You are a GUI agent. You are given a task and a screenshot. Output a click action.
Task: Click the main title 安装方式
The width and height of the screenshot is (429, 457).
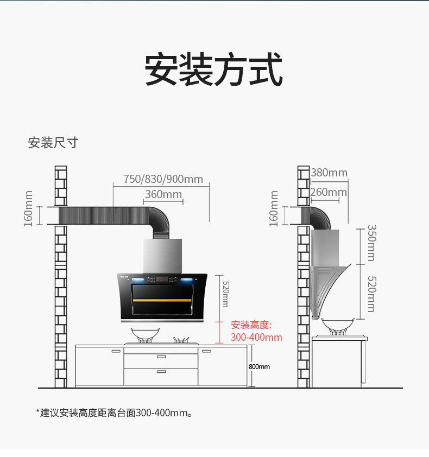click(214, 70)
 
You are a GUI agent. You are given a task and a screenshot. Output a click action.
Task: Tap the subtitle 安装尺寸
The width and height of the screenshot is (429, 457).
click(53, 143)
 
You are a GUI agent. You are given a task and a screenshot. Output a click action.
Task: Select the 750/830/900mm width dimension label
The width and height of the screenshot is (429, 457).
click(163, 179)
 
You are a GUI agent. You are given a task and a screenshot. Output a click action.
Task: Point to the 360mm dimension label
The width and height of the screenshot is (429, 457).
click(163, 194)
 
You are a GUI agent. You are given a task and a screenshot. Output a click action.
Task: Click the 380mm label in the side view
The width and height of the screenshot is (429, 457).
click(329, 173)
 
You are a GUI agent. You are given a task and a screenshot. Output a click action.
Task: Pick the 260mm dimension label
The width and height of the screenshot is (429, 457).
click(329, 192)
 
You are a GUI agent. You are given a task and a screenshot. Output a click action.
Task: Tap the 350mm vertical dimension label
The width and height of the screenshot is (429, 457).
click(371, 243)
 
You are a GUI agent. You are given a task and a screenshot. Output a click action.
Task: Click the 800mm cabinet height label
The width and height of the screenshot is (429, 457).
click(259, 367)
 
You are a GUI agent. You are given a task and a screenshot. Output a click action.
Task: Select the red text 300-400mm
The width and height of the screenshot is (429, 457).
click(256, 338)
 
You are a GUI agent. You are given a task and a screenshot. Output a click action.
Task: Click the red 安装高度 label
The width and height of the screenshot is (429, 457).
click(251, 325)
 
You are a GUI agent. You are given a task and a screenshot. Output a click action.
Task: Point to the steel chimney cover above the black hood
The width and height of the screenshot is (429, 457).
click(163, 256)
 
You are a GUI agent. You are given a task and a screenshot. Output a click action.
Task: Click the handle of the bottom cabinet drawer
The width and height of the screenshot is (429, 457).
click(161, 371)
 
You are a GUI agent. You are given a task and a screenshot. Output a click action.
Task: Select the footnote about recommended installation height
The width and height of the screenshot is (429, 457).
click(115, 413)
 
